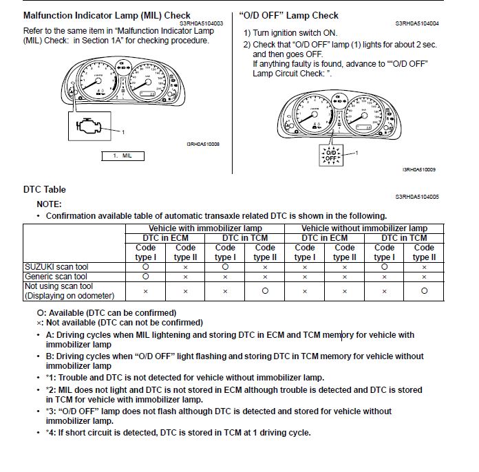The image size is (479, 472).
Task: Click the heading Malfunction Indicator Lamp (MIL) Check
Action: (x=107, y=15)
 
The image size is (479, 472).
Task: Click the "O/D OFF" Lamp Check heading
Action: (x=288, y=15)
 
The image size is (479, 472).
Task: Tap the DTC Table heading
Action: (x=45, y=189)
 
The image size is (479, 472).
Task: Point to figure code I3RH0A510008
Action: (x=202, y=144)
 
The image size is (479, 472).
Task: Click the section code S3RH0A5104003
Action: (x=203, y=23)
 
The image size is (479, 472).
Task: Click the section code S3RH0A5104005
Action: (x=417, y=197)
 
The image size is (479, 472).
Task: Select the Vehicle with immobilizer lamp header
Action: (x=205, y=228)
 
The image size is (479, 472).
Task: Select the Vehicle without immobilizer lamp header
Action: (x=364, y=228)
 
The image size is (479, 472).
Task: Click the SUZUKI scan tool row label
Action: (x=56, y=266)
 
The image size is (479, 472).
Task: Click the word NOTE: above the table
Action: (x=49, y=204)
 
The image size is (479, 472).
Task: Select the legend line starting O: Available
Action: (x=107, y=312)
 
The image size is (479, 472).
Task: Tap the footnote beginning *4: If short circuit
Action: (x=178, y=433)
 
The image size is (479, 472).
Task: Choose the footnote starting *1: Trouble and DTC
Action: (x=184, y=377)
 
